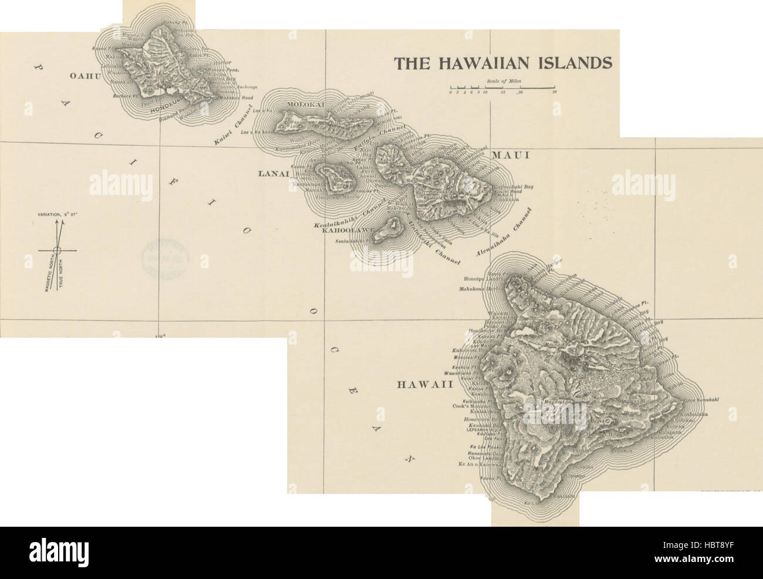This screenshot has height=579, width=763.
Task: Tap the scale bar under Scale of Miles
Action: pyautogui.click(x=502, y=88)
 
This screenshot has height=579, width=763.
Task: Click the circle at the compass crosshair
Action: pyautogui.click(x=57, y=250)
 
